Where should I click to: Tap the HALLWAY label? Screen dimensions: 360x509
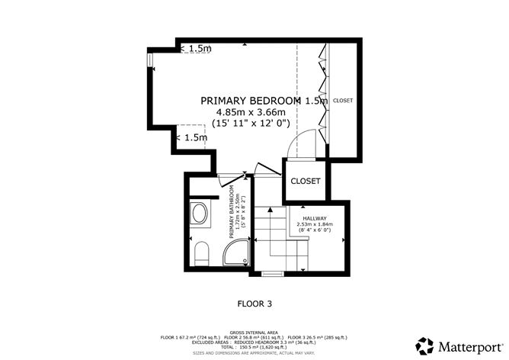[x=314, y=218]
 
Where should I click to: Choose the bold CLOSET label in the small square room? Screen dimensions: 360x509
[x=305, y=181]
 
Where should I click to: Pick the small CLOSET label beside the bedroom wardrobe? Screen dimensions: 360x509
[x=343, y=100]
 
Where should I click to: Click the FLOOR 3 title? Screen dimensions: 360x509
[x=254, y=303]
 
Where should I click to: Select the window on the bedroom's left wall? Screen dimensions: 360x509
[x=150, y=59]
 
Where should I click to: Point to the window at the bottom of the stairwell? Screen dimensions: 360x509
[x=271, y=273]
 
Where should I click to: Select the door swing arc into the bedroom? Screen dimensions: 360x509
[x=305, y=143]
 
